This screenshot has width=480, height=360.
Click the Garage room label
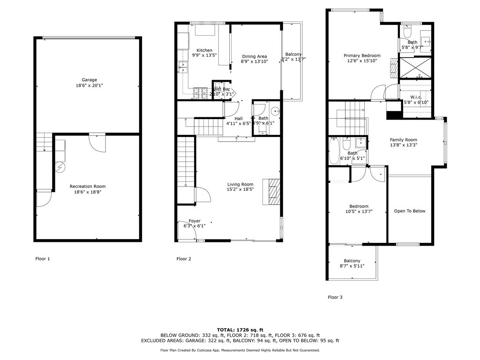pos(89,80)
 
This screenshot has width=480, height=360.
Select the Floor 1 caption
pos(43,259)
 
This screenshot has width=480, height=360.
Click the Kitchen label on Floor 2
pos(204,51)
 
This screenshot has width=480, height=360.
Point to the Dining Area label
pos(254,56)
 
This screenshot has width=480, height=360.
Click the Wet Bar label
pos(222,89)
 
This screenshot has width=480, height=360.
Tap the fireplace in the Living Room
pos(271,191)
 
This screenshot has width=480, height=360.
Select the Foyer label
pos(195,221)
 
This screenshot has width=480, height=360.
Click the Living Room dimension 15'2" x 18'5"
pos(240,190)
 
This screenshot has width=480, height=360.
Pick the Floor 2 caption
pos(183,259)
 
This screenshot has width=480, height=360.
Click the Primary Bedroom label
pos(362,55)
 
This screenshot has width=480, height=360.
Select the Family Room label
pos(404,140)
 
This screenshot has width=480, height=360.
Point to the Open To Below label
pos(410,211)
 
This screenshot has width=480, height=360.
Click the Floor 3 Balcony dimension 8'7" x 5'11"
pos(352,266)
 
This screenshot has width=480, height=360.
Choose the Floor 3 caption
pos(335,297)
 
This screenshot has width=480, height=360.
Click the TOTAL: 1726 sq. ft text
pos(240,330)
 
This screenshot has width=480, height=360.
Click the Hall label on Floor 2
pos(239,119)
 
